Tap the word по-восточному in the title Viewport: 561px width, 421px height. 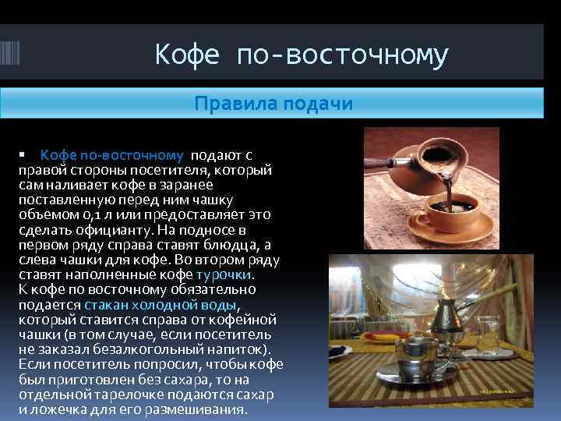click(341, 55)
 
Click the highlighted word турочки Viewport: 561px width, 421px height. click(225, 274)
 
